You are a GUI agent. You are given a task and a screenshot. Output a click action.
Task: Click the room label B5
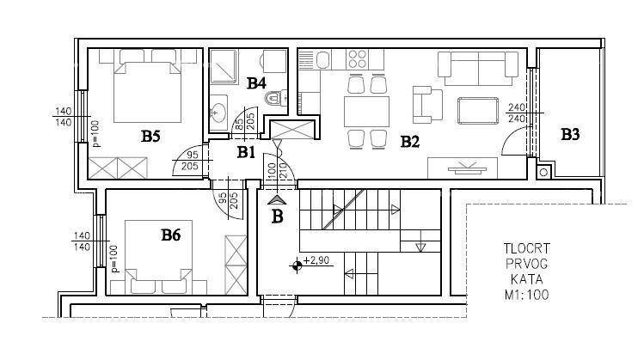pyautogui.click(x=150, y=137)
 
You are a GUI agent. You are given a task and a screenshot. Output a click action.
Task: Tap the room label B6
pyautogui.click(x=170, y=235)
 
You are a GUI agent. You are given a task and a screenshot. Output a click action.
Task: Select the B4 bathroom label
pyautogui.click(x=256, y=83)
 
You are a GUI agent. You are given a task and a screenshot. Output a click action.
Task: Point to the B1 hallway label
pyautogui.click(x=246, y=152)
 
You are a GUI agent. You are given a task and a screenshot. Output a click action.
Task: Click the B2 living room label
pyautogui.click(x=409, y=142)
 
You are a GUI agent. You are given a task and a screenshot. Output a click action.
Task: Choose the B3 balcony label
pyautogui.click(x=570, y=134)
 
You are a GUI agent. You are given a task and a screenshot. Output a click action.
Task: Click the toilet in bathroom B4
pyautogui.click(x=275, y=98)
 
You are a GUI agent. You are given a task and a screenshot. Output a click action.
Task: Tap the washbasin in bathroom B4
pyautogui.click(x=218, y=110)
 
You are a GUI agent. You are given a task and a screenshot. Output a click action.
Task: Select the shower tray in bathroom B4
pyautogui.click(x=224, y=66)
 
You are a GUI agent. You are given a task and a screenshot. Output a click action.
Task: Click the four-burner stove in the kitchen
pyautogui.click(x=357, y=58)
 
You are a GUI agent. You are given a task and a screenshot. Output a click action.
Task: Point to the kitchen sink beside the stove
pyautogui.click(x=322, y=60)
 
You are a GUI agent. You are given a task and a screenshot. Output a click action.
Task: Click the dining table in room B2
pyautogui.click(x=366, y=112)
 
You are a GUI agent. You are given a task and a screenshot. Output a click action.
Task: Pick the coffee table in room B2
pyautogui.click(x=478, y=111)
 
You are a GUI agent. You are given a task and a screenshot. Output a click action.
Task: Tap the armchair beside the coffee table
pyautogui.click(x=427, y=105)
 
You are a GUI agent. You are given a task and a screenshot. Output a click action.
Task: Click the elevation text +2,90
pyautogui.click(x=316, y=260)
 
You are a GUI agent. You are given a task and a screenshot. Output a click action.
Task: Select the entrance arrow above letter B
pyautogui.click(x=277, y=200)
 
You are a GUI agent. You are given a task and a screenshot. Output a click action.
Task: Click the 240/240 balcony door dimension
pyautogui.click(x=517, y=113)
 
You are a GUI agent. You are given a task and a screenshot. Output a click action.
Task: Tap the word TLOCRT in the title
pyautogui.click(x=526, y=248)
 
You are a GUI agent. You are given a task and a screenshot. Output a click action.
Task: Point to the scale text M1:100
pyautogui.click(x=526, y=295)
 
